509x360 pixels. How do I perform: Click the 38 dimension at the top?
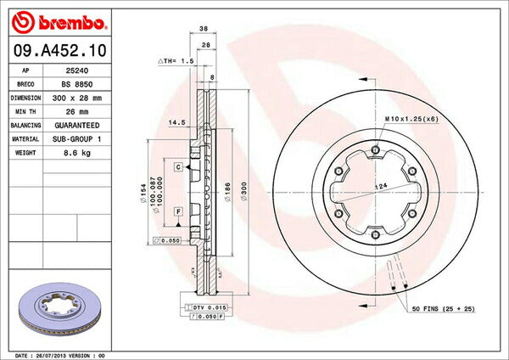pyautogui.click(x=204, y=28)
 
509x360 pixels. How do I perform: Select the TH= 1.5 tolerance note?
pyautogui.click(x=176, y=62)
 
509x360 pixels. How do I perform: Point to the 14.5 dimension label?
pyautogui.click(x=177, y=122)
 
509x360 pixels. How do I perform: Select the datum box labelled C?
pyautogui.click(x=179, y=167)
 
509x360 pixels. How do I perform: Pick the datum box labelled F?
pyautogui.click(x=179, y=210)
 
